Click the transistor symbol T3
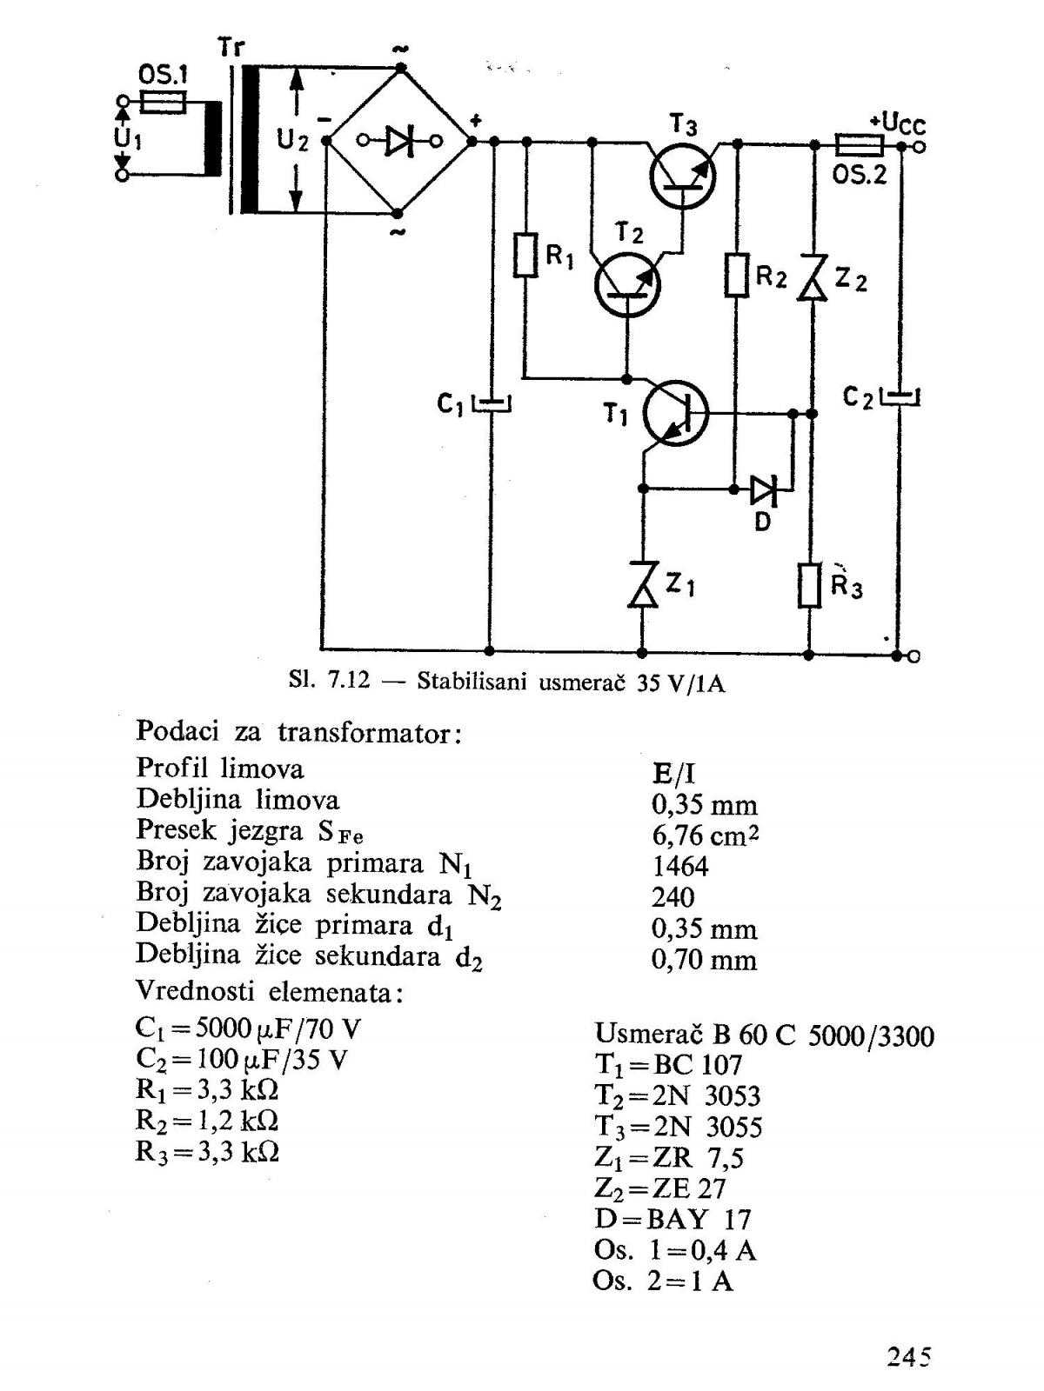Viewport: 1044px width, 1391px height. point(683,176)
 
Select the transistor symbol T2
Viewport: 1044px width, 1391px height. point(627,284)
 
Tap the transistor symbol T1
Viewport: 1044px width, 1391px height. point(676,413)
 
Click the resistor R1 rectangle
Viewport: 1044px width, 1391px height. point(525,255)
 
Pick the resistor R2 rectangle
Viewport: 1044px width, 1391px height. point(737,275)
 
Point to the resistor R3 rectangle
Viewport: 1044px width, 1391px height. point(809,585)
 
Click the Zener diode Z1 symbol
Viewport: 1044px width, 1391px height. point(642,584)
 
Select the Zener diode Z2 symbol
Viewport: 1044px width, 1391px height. point(813,277)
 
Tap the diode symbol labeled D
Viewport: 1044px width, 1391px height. point(764,489)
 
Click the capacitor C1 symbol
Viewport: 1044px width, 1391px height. point(492,403)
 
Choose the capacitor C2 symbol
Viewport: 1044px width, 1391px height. point(900,396)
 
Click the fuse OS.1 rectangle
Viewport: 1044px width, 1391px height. point(163,102)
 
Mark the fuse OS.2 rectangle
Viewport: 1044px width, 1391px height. point(859,145)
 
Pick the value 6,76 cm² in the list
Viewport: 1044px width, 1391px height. point(705,835)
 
